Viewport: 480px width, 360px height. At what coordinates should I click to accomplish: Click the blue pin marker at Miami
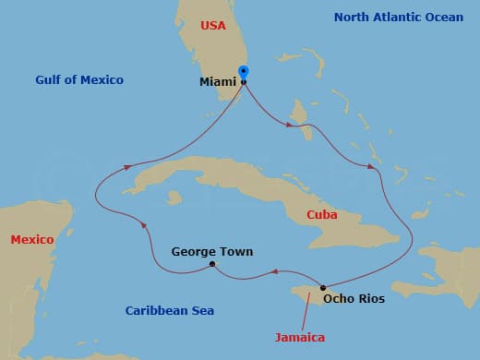click(244, 72)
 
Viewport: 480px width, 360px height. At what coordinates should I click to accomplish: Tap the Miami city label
click(219, 82)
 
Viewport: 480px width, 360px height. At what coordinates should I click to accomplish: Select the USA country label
click(213, 25)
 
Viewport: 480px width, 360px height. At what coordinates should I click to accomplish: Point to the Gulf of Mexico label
click(79, 80)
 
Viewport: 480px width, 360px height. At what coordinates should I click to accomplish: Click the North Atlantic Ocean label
click(399, 17)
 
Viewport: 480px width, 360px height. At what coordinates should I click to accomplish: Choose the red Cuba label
click(322, 215)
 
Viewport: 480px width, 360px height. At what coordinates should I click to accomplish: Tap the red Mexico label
click(32, 240)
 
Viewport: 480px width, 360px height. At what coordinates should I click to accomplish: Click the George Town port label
click(212, 251)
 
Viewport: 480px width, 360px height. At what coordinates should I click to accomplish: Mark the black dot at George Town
click(212, 265)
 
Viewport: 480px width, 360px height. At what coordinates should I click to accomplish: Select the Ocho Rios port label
click(354, 298)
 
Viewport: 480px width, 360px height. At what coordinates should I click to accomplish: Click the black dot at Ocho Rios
click(322, 286)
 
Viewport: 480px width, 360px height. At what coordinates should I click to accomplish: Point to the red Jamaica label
click(300, 338)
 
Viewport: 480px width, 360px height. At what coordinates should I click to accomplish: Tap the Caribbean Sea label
click(170, 311)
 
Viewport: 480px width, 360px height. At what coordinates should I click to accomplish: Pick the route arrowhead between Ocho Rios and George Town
click(273, 271)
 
